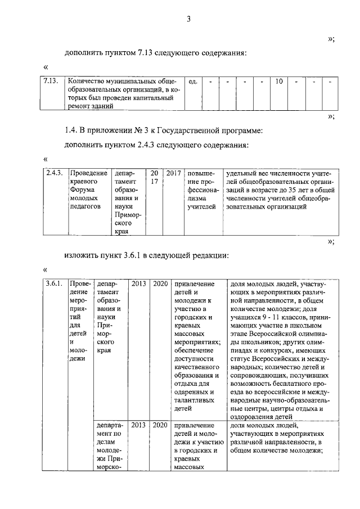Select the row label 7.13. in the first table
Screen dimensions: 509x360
point(52,82)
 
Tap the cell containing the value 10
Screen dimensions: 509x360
point(278,82)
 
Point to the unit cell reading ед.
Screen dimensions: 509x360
point(192,82)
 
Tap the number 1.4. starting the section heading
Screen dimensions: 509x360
point(71,130)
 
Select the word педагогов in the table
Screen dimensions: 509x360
point(85,206)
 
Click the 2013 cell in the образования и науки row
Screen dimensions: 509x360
point(139,284)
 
